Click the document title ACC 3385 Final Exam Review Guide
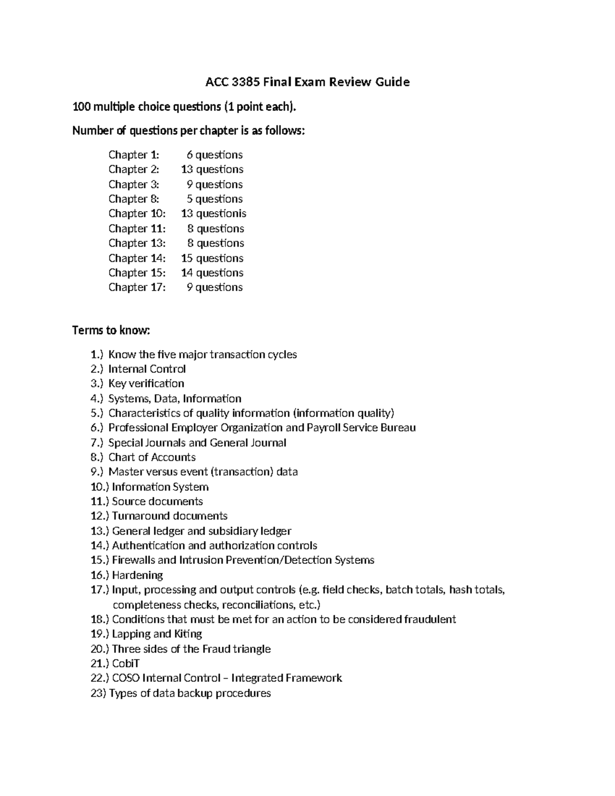[307, 82]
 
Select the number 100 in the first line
[81, 107]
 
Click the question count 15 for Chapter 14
[187, 258]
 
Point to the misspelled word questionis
[221, 214]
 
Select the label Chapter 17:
[137, 288]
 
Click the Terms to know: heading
[111, 330]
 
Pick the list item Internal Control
[147, 369]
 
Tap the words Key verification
[146, 384]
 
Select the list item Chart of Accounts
[152, 457]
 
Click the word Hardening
[137, 575]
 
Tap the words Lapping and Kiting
[157, 634]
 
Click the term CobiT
[126, 664]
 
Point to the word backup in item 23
[195, 693]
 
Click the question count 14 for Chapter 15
[187, 273]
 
